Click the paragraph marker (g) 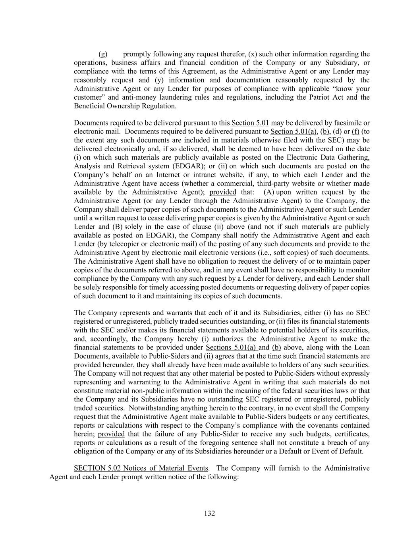(102, 54)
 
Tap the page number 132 (209, 513)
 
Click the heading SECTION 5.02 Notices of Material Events (141, 468)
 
